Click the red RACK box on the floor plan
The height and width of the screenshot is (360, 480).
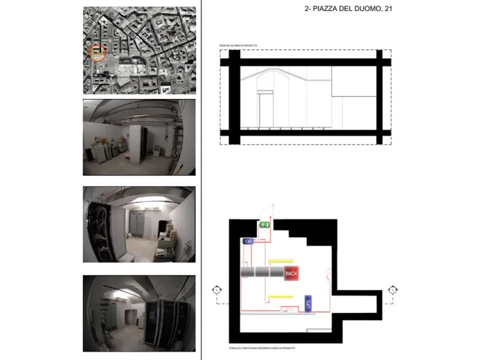(x=292, y=273)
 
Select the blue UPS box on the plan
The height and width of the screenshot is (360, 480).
(x=308, y=303)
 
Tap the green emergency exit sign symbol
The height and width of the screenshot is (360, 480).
(x=264, y=225)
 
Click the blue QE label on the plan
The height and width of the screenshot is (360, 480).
(x=249, y=242)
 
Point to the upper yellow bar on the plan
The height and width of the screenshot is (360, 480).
(x=280, y=261)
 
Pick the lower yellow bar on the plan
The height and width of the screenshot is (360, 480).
(x=280, y=296)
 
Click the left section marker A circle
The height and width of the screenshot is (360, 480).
(x=217, y=291)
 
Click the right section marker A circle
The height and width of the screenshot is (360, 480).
(x=393, y=291)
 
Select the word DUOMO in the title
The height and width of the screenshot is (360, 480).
(x=359, y=10)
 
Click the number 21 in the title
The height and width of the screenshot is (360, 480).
(x=388, y=10)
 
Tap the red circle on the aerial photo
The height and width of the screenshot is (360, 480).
(x=98, y=52)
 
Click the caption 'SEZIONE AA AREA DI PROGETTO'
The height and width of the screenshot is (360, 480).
(x=238, y=46)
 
